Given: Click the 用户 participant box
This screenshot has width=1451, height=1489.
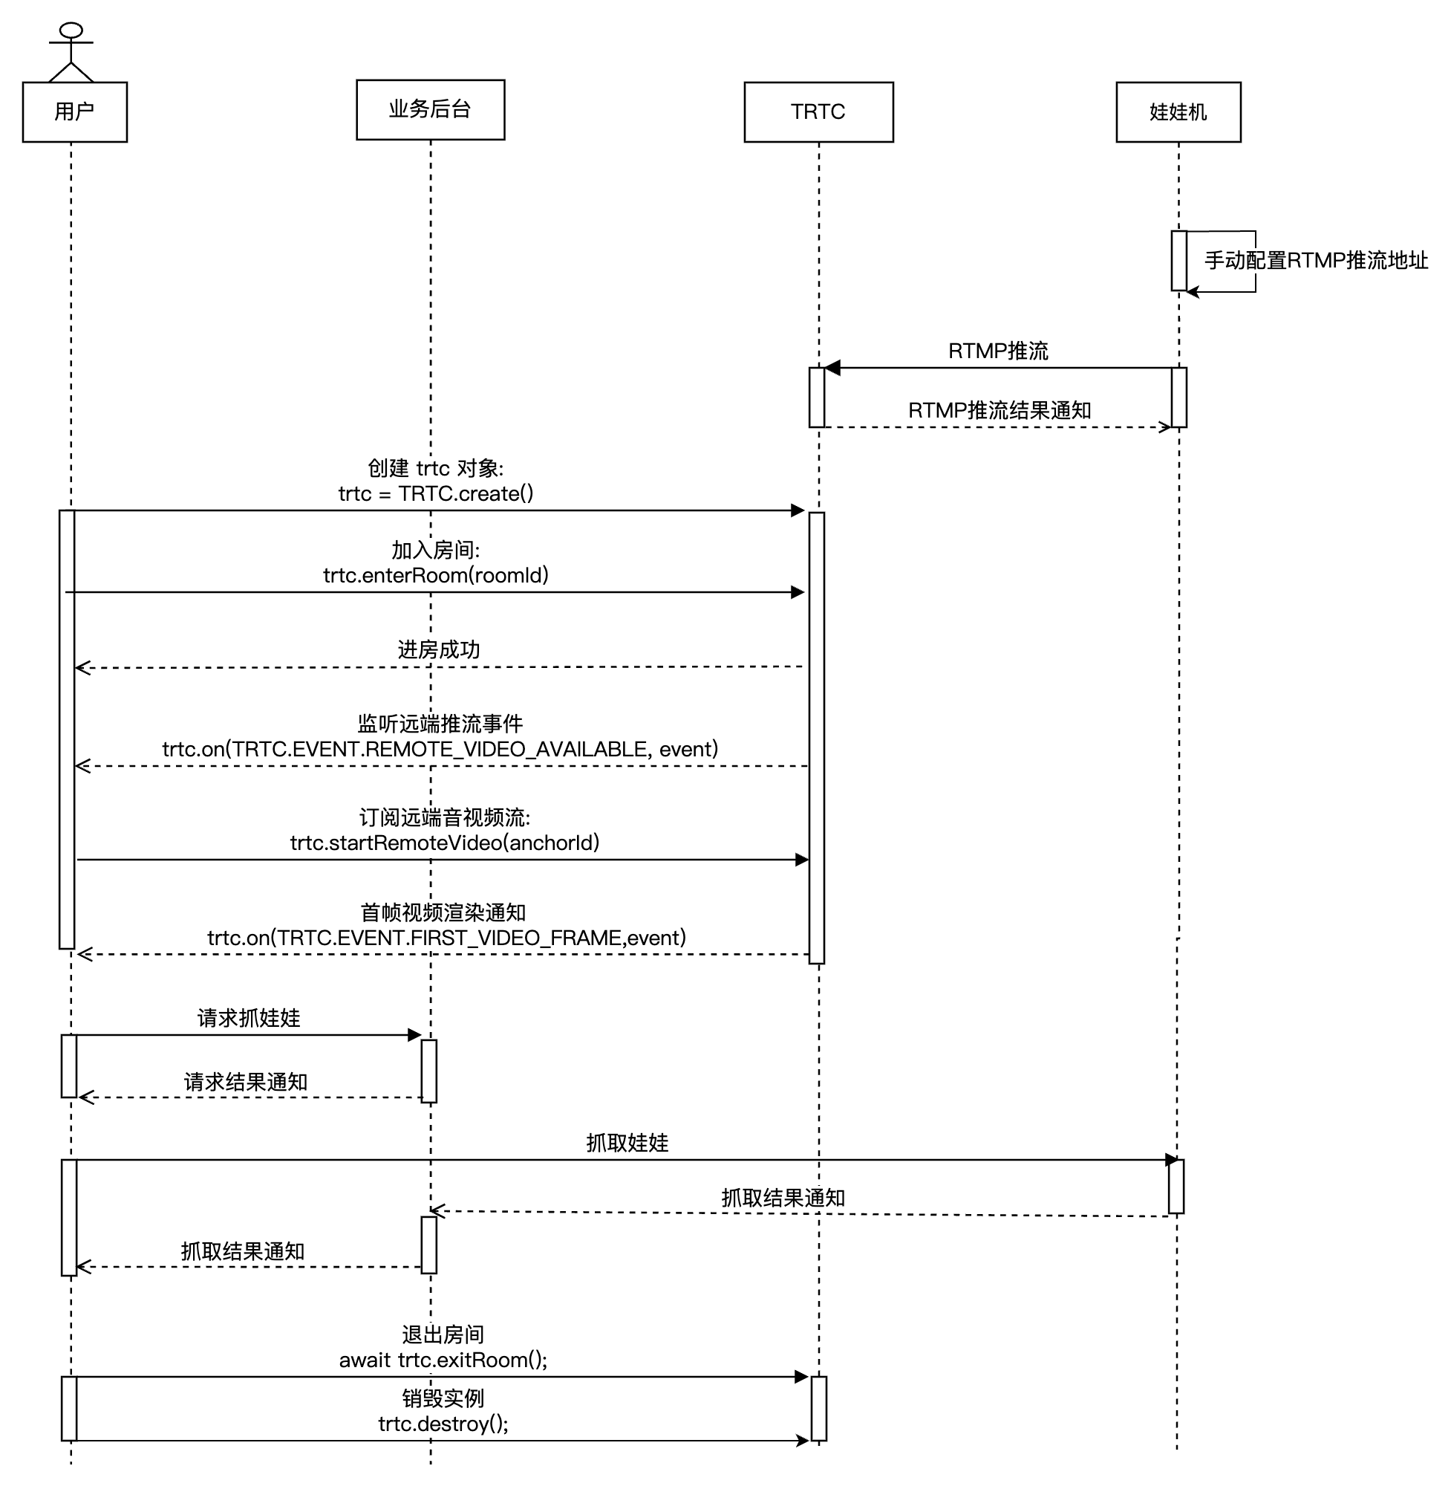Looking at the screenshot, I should [75, 112].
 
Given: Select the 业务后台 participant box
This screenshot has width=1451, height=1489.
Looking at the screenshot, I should [431, 110].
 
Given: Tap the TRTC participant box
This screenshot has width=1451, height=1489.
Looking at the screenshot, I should [818, 112].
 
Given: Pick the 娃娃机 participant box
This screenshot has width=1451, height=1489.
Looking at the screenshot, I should [1178, 112].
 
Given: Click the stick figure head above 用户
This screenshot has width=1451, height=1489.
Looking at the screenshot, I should [71, 30].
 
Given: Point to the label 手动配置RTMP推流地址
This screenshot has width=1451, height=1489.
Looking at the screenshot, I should [1316, 261].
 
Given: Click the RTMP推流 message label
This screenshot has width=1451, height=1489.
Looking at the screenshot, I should [998, 351].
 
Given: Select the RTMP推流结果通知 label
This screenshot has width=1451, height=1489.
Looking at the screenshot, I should [1000, 410].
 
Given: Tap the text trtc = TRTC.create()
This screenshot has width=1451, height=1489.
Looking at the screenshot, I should [436, 494].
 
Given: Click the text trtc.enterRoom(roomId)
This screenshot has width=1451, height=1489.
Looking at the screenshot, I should [436, 575].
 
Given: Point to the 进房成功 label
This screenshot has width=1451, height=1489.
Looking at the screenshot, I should [439, 649].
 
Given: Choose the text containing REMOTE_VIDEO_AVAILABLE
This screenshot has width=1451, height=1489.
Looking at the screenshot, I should [440, 750].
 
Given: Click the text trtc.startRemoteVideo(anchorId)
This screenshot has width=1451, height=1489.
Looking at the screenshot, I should [445, 843].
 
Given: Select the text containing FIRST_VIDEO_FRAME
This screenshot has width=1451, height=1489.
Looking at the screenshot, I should [447, 938].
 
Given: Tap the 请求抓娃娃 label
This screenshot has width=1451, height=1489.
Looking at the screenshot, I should [250, 1018].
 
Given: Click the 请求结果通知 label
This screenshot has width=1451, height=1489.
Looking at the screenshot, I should [246, 1082].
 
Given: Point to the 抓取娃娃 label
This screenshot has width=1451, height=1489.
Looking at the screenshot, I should [627, 1143].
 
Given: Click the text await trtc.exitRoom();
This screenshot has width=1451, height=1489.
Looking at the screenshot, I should [443, 1360].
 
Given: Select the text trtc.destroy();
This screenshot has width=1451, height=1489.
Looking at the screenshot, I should [443, 1424].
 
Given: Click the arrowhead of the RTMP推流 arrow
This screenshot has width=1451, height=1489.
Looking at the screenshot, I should [833, 369].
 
